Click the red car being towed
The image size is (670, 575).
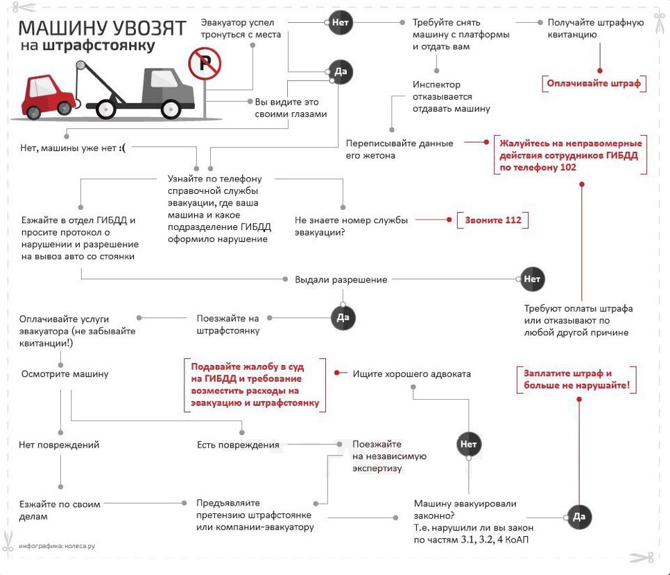click(48, 96)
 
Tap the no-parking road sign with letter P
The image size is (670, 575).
click(205, 63)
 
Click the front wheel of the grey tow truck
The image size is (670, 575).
click(171, 109)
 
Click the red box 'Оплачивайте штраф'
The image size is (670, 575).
click(594, 83)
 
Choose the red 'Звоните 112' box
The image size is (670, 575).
click(492, 220)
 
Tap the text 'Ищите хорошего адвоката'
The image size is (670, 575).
click(411, 374)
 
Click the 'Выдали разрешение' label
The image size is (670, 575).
click(341, 280)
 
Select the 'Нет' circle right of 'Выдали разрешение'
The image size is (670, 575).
click(532, 279)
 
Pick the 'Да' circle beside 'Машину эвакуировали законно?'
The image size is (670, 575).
click(579, 517)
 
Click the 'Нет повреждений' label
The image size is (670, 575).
click(59, 445)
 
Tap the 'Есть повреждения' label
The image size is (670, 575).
click(238, 445)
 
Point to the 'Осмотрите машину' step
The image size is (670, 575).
click(65, 374)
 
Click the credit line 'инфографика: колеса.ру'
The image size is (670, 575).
click(57, 546)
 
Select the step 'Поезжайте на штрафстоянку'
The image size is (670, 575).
click(228, 324)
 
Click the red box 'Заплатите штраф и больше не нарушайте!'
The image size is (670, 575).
click(576, 380)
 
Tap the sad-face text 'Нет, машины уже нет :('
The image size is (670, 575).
click(73, 148)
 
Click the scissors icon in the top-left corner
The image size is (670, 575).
click(24, 7)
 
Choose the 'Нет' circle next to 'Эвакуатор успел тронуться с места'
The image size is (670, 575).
click(340, 23)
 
